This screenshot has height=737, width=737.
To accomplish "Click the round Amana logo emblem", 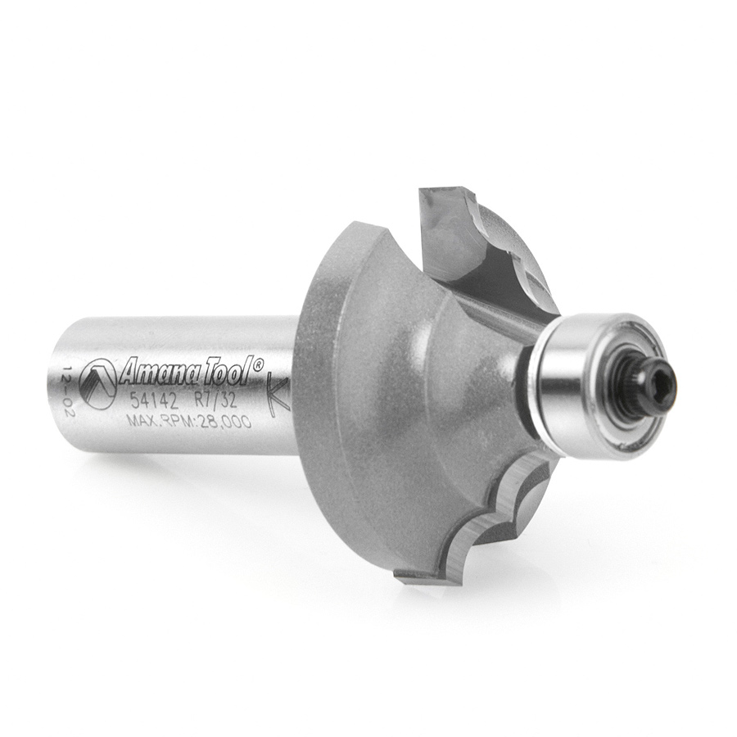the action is coord(97,384).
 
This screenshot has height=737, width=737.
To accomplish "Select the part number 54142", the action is coord(154,402).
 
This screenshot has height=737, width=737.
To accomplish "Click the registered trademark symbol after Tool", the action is coord(258,364).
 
